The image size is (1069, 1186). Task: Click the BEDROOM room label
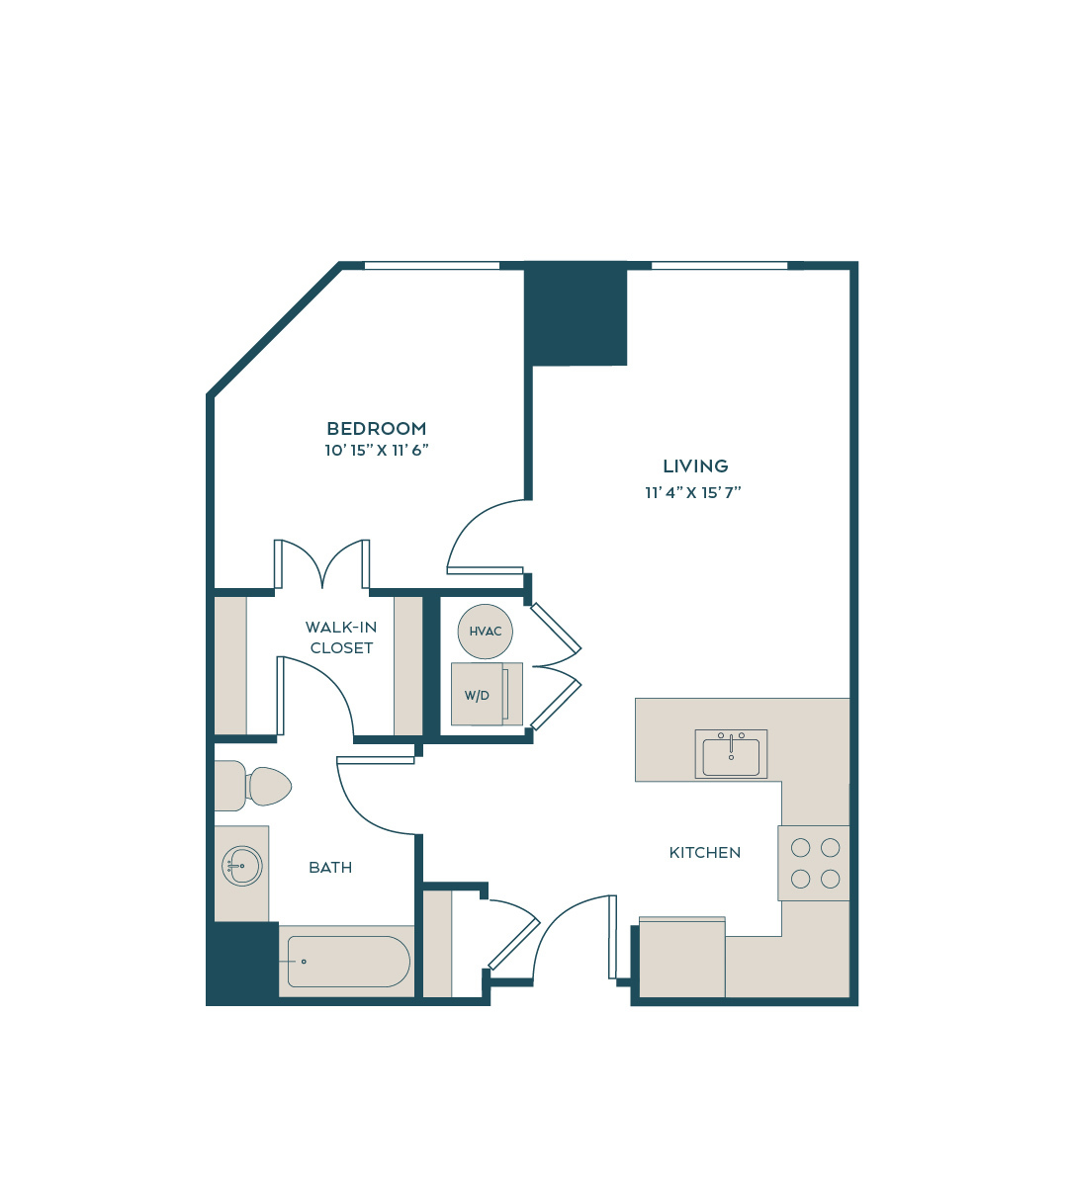click(376, 428)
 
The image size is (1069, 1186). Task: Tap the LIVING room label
click(695, 466)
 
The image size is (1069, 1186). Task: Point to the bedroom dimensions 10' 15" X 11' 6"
click(376, 451)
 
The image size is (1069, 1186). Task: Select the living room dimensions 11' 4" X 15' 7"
click(693, 492)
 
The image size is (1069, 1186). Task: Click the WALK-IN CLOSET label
click(341, 637)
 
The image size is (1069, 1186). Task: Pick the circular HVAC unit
click(486, 632)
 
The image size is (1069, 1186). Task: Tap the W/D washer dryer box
click(487, 694)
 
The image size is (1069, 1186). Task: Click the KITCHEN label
click(704, 853)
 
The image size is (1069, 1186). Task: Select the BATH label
click(330, 868)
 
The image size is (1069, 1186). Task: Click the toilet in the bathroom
click(253, 786)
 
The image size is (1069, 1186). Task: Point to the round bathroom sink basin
click(242, 866)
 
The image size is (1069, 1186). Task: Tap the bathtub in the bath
click(348, 962)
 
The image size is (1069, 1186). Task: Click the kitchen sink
click(731, 754)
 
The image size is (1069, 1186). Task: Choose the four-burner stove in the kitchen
click(814, 863)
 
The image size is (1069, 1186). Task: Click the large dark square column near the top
click(576, 313)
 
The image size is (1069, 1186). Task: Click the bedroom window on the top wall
click(432, 266)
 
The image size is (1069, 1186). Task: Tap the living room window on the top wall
click(720, 266)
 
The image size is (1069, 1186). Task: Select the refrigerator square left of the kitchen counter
click(682, 958)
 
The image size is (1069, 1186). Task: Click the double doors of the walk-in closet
click(321, 563)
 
